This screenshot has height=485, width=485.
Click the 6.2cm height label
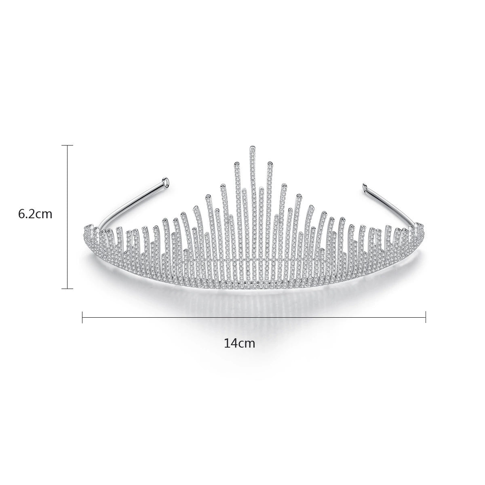click(35, 214)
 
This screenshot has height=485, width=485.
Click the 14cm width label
click(239, 343)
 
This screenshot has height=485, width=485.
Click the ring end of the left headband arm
click(166, 180)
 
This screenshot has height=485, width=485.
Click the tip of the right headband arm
click(364, 186)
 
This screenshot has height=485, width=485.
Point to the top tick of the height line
click(67, 145)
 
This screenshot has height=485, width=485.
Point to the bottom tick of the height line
click(67, 289)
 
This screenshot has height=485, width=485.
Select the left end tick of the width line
click(82, 317)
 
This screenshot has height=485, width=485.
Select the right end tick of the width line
click(426, 317)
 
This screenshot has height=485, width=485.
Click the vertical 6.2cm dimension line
click(67, 217)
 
